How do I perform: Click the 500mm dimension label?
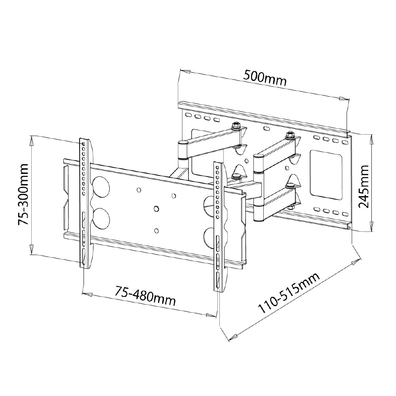coord(265,78)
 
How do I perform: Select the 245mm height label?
coord(364,187)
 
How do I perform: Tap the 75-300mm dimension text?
coord(23,194)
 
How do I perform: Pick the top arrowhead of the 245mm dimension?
coord(371,140)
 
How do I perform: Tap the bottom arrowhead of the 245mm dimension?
coord(371,226)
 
